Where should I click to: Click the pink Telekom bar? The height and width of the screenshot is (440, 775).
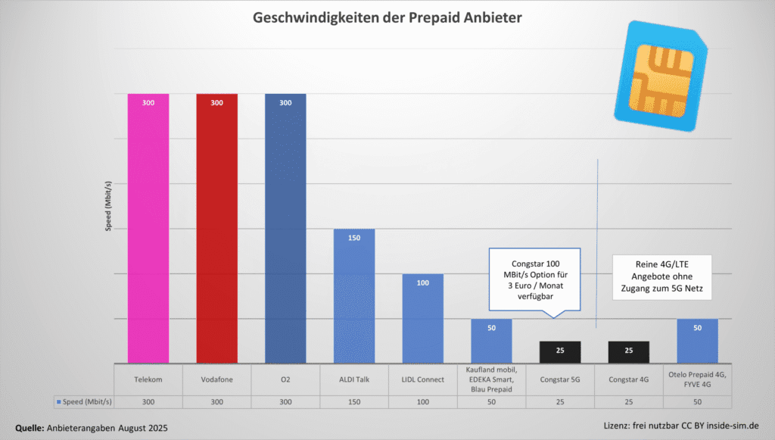point(148,227)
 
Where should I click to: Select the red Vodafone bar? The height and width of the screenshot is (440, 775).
point(216,227)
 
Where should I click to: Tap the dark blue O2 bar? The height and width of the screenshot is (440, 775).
point(285,227)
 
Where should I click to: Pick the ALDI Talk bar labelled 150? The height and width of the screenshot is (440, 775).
point(354,295)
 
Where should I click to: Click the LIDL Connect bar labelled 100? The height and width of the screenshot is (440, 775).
point(422,318)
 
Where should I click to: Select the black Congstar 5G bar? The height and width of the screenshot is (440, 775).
point(560,352)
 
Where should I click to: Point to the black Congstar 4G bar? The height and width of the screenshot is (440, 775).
point(628,352)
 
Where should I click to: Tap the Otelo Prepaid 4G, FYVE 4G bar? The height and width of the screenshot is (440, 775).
point(697,341)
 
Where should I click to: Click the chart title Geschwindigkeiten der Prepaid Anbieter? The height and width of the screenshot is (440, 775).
point(387,17)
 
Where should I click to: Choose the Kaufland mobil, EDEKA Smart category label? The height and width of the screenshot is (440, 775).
point(491,379)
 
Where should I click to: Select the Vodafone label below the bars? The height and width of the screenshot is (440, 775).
point(216,379)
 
